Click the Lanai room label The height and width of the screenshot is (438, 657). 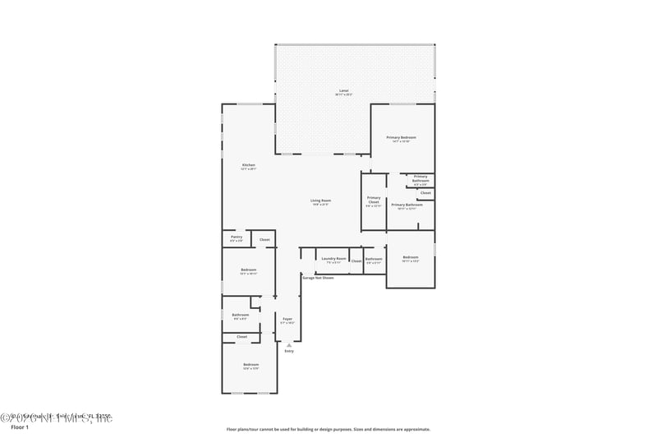343,90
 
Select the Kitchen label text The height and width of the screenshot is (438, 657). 248,165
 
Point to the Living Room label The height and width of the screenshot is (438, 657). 320,201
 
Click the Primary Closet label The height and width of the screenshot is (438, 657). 374,200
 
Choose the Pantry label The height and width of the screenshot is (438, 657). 237,237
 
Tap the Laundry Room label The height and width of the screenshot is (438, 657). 333,258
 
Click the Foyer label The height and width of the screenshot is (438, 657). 287,319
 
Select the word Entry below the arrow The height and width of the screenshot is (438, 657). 289,351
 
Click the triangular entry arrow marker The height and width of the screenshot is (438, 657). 289,344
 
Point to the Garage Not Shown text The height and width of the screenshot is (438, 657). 318,278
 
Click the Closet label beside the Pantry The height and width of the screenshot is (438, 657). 264,240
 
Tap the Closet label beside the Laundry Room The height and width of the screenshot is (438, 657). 356,260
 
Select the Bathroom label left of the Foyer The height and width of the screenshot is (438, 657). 240,315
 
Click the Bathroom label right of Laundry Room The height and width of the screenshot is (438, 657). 374,259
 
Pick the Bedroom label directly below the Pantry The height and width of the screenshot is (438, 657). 249,270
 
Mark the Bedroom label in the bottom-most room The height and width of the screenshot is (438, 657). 250,364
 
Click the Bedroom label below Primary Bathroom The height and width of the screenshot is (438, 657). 411,258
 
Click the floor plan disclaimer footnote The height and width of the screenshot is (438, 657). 328,429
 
